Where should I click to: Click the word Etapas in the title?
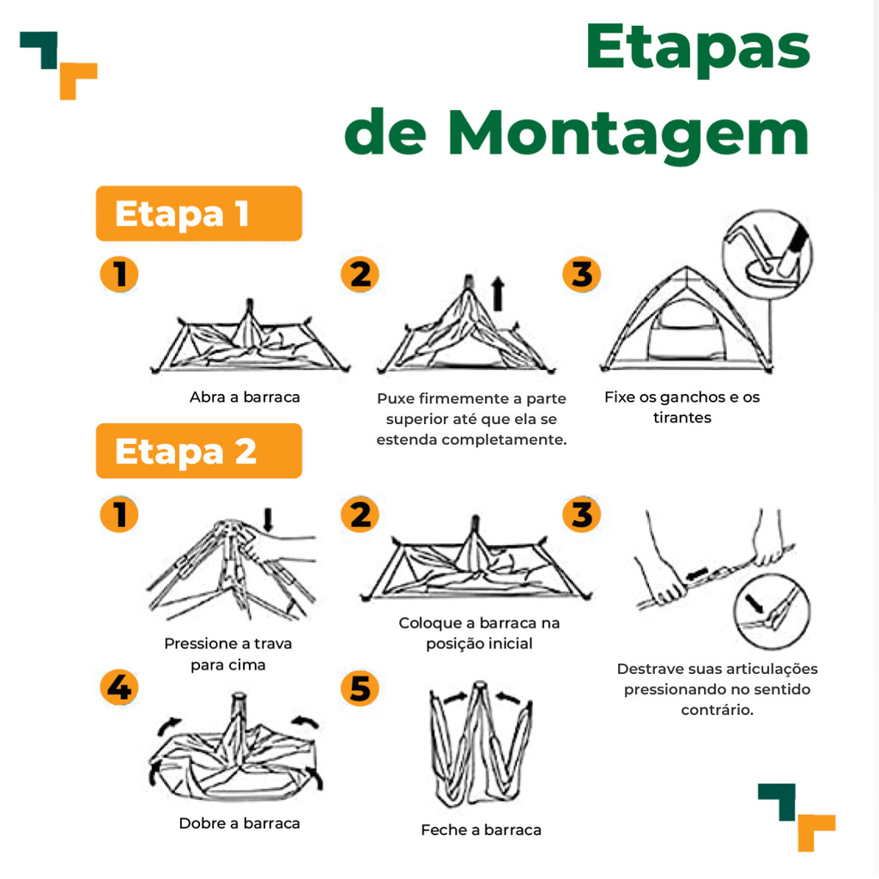tap(698, 49)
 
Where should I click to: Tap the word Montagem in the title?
tap(628, 135)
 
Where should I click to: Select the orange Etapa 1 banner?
tap(199, 214)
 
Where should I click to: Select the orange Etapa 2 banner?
tap(199, 451)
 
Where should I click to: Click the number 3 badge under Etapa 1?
tap(582, 275)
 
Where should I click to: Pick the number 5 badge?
tap(360, 688)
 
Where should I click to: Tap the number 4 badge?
tap(119, 688)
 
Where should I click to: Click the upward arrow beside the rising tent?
tap(497, 294)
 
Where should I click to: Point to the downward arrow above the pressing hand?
tap(268, 519)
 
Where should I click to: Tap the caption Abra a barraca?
tap(245, 397)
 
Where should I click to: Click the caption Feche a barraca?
tap(481, 830)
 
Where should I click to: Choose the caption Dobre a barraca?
tap(239, 823)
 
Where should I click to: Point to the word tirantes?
tap(682, 418)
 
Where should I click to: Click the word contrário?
tap(717, 710)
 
